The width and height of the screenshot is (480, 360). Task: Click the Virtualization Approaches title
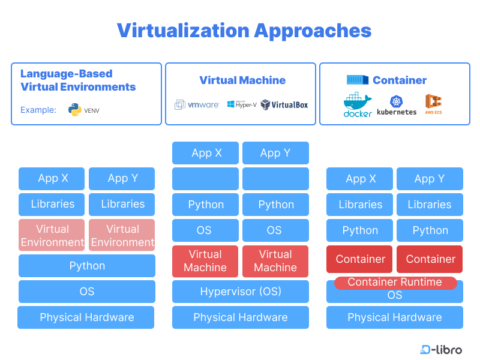click(244, 30)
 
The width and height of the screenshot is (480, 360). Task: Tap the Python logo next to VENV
click(75, 110)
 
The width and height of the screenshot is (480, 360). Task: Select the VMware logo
click(197, 104)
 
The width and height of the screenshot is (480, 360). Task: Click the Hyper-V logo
click(242, 104)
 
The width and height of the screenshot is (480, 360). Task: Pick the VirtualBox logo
click(284, 104)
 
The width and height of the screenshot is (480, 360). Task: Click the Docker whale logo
click(358, 105)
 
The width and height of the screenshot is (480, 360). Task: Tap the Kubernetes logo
click(397, 105)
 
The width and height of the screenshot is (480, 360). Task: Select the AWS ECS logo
click(433, 104)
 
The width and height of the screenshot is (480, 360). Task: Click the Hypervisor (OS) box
click(241, 292)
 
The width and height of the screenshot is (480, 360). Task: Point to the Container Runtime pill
click(395, 282)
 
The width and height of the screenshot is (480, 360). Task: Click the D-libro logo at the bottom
click(441, 349)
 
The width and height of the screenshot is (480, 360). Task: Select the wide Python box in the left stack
click(87, 266)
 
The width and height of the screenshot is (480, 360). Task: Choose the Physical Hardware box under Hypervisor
click(241, 317)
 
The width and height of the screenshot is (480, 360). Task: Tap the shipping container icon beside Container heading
click(357, 80)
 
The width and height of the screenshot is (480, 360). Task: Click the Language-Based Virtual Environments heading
click(78, 80)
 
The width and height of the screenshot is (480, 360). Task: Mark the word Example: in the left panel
click(38, 110)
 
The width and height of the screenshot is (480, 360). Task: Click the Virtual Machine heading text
click(242, 80)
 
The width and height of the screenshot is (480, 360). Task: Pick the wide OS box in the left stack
click(87, 292)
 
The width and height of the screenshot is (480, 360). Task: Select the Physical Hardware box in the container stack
click(395, 317)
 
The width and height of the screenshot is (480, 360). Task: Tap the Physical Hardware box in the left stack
click(86, 317)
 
